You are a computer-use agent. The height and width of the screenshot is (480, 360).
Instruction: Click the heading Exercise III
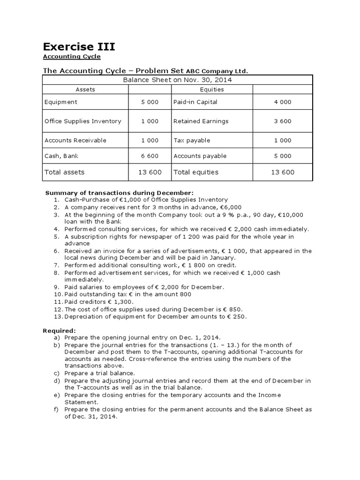coord(79,46)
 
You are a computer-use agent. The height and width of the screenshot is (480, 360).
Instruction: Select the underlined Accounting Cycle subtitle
coord(72,57)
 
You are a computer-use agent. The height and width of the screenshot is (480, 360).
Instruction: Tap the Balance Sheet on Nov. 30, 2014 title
coord(177,80)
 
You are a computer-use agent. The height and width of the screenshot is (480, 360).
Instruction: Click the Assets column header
coord(85,90)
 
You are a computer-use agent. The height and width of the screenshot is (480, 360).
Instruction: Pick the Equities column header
coord(212,90)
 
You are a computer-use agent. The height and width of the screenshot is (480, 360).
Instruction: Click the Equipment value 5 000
coord(150,102)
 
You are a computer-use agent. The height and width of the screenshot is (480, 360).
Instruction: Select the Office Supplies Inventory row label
coord(83,121)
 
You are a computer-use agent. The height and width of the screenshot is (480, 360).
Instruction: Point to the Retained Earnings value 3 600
coord(283,121)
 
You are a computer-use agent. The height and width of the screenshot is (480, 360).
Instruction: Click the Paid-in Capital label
coord(195,102)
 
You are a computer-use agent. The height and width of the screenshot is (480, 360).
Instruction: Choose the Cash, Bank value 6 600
coord(150,156)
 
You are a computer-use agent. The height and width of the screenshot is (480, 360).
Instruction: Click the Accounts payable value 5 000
coord(283,156)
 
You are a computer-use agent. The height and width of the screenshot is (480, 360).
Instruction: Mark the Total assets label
coord(65,172)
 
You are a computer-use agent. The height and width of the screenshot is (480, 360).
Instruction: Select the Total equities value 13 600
coord(283,172)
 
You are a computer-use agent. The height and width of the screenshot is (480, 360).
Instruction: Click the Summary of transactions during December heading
coord(119,193)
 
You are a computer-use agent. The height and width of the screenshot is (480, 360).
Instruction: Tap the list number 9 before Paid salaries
coord(56,287)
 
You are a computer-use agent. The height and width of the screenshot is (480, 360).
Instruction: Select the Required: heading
coord(59,330)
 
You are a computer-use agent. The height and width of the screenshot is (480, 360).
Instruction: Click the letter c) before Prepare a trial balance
coord(57,373)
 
